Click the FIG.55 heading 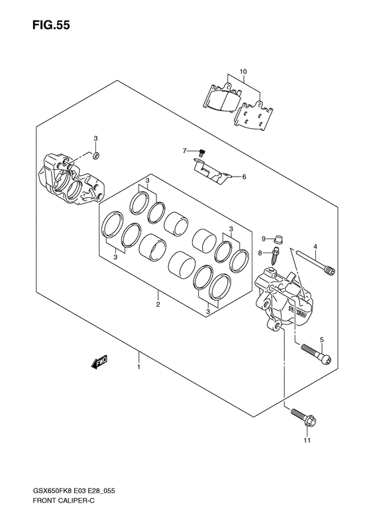click(x=51, y=25)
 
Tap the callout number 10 click(x=243, y=71)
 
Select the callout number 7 click(x=184, y=151)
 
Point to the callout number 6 click(x=244, y=177)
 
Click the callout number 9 click(x=264, y=239)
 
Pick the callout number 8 click(x=260, y=253)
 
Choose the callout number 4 click(x=315, y=247)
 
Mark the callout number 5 click(x=321, y=340)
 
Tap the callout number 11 click(x=307, y=440)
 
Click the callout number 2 click(x=158, y=304)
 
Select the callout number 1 click(x=138, y=367)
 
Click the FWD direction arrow click(x=99, y=362)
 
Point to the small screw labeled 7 click(x=201, y=153)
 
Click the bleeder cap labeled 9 click(x=278, y=239)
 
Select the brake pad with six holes click(x=254, y=116)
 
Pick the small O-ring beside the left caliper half click(x=95, y=155)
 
